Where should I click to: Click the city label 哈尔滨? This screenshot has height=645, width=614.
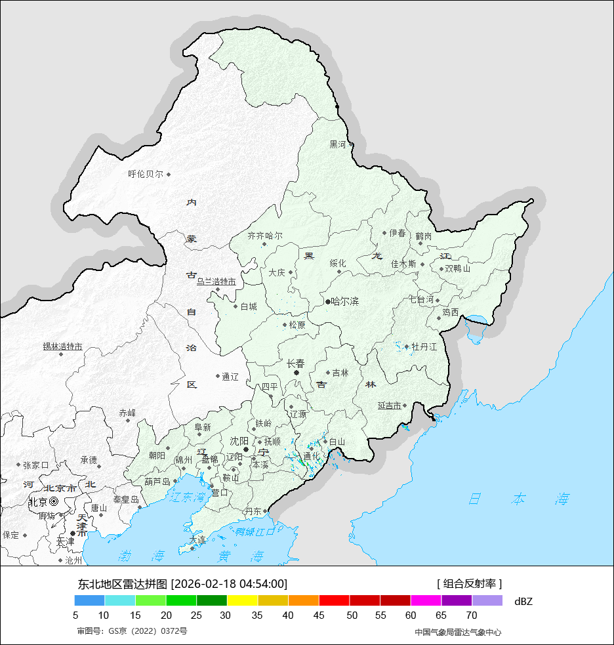pos(345,302)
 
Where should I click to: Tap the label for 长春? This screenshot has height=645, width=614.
pos(296,363)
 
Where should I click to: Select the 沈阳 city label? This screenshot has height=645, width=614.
pos(239,441)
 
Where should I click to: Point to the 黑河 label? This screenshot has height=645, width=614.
pos(337,144)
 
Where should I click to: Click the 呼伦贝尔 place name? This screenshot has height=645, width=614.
pos(146,175)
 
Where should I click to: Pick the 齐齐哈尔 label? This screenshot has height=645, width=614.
pos(265,236)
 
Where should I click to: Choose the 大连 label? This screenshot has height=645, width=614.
pos(197,540)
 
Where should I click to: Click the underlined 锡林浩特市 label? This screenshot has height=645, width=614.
pos(63,346)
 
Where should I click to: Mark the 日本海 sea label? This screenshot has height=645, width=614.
pos(518,499)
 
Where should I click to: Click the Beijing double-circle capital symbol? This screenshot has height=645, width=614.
pos(54,501)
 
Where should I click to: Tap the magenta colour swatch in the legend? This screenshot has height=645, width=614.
pos(426,600)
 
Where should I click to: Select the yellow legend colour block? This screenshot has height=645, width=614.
pos(242,600)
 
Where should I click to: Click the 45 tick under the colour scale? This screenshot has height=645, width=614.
pos(319,615)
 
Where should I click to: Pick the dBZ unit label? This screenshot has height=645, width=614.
pos(523,601)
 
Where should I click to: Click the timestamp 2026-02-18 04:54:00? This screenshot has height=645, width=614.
pos(229,583)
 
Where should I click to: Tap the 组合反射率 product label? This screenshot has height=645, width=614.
pos(470,583)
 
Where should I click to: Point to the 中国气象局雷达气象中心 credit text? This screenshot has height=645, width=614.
pos(458,632)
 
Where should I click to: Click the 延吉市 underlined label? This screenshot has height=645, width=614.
pos(389,406)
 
